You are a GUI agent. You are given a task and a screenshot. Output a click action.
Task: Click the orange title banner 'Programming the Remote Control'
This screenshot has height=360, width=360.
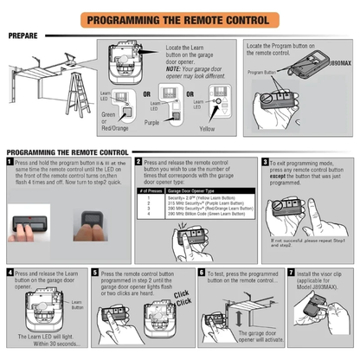point(180,17)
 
